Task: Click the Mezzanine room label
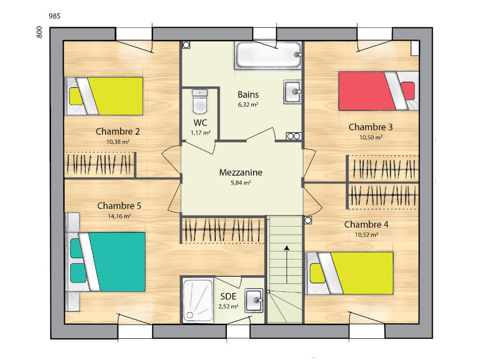pyautogui.click(x=241, y=172)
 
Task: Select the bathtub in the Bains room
pyautogui.click(x=268, y=55)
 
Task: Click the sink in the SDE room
pyautogui.click(x=254, y=300)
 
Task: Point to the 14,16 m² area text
pyautogui.click(x=119, y=217)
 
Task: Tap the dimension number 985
pyautogui.click(x=54, y=16)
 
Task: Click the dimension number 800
pyautogui.click(x=40, y=32)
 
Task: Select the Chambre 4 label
pyautogui.click(x=366, y=224)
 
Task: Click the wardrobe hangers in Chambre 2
pyautogui.click(x=99, y=165)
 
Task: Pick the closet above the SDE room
pyautogui.click(x=223, y=230)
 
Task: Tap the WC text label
pyautogui.click(x=200, y=123)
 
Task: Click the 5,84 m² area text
pyautogui.click(x=241, y=183)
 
